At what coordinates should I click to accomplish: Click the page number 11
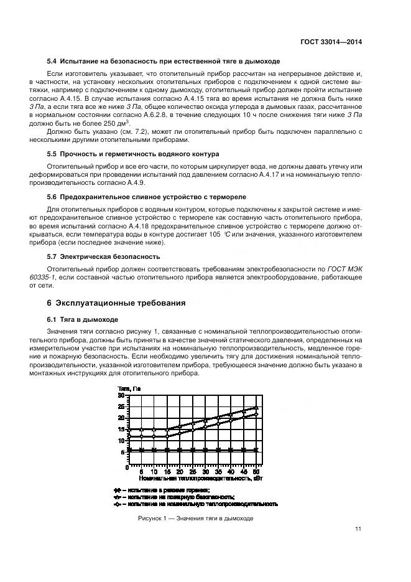(358, 530)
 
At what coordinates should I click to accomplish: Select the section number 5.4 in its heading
(52, 61)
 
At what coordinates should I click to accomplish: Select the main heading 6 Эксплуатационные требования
(116, 304)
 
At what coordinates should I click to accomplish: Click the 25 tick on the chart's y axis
(121, 406)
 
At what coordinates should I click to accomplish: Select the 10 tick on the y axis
(121, 441)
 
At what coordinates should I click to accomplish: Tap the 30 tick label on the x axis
(205, 472)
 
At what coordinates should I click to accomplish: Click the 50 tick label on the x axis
(256, 472)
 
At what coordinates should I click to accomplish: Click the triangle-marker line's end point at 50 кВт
(256, 408)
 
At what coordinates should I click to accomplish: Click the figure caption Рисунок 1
(195, 519)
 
